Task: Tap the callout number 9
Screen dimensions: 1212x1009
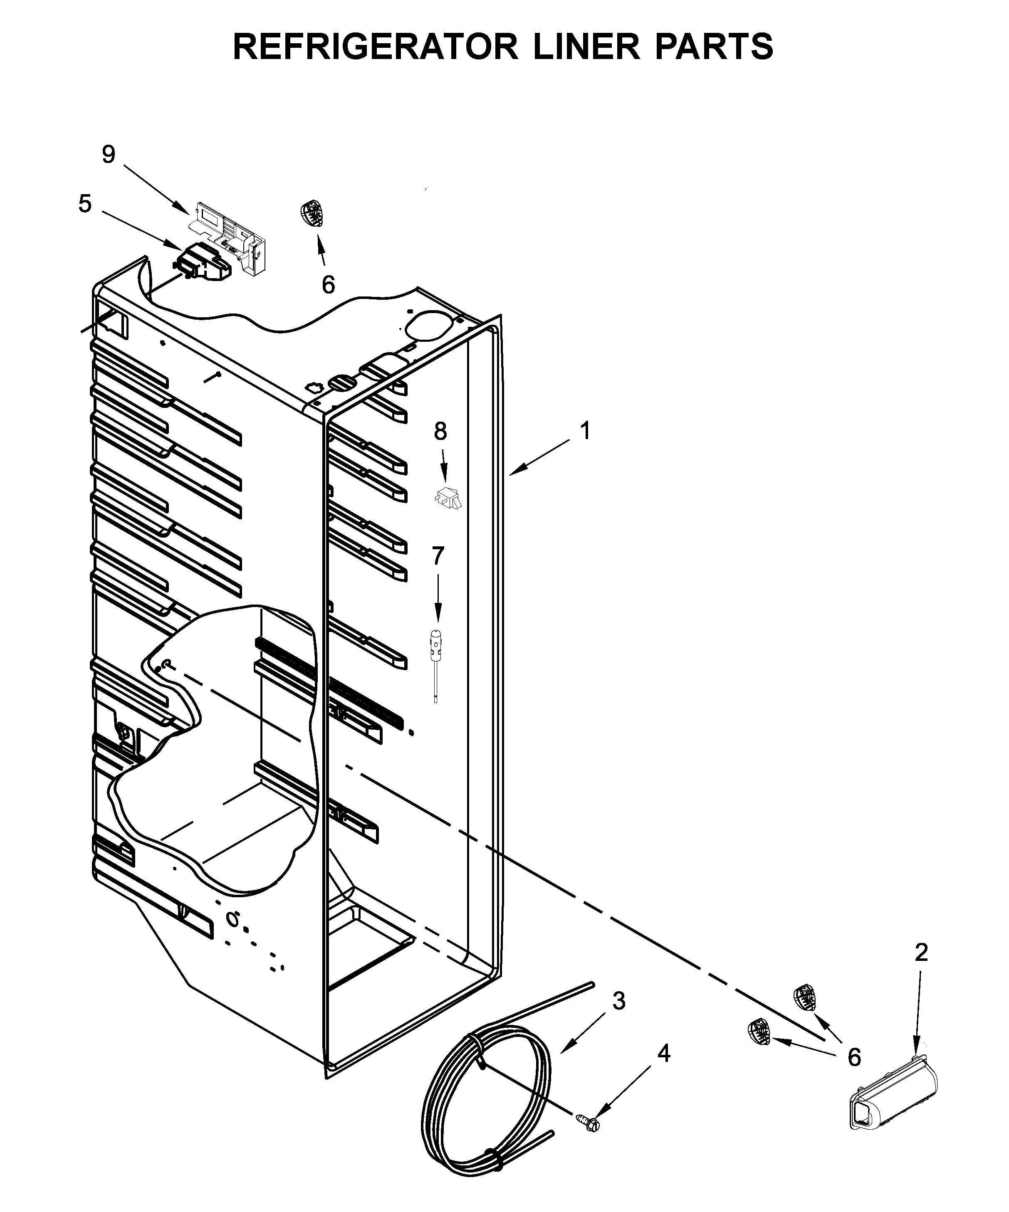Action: click(109, 154)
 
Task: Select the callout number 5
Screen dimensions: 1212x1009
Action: click(85, 204)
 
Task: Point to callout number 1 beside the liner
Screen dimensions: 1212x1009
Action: click(585, 431)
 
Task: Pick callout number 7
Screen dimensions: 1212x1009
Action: click(438, 556)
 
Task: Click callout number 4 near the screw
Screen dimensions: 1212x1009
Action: click(664, 1054)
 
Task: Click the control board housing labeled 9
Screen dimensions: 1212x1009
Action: click(231, 231)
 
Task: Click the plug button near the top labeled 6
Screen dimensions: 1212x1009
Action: click(312, 214)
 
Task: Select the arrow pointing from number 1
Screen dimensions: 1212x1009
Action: click(543, 459)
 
